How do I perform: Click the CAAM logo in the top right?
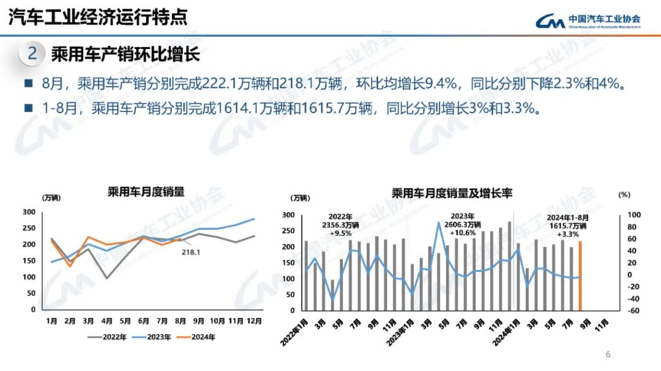(x=588, y=21)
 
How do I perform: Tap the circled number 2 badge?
(x=32, y=54)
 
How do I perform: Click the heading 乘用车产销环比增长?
(x=125, y=54)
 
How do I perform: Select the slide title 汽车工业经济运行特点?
(x=97, y=17)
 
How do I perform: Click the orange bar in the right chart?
(x=580, y=276)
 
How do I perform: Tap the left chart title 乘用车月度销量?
(x=146, y=192)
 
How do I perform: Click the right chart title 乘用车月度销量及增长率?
(x=452, y=193)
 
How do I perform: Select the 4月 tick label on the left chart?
(x=106, y=320)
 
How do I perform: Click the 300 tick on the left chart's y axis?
(x=29, y=212)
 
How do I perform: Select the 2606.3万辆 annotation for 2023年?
(x=466, y=224)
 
